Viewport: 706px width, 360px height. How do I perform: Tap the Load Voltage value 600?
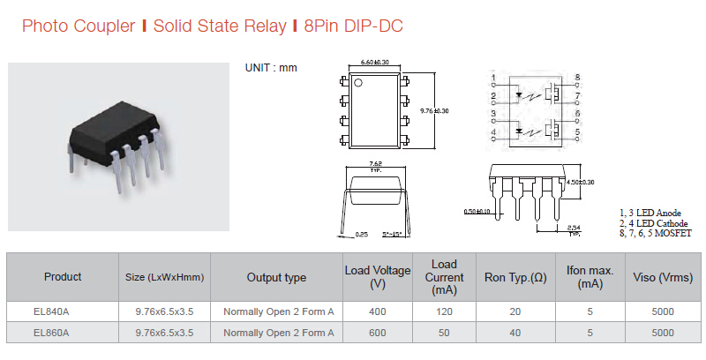pyautogui.click(x=377, y=333)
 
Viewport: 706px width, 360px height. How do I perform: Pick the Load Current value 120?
pyautogui.click(x=444, y=311)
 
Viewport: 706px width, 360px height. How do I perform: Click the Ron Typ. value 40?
pyautogui.click(x=514, y=333)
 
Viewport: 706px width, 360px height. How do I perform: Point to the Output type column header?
pyautogui.click(x=276, y=277)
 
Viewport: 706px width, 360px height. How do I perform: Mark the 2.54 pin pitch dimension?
pyautogui.click(x=574, y=229)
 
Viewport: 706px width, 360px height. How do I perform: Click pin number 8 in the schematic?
pyautogui.click(x=577, y=78)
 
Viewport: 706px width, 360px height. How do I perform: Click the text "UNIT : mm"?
pyautogui.click(x=271, y=69)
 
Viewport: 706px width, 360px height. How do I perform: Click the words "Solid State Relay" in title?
pyautogui.click(x=215, y=26)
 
